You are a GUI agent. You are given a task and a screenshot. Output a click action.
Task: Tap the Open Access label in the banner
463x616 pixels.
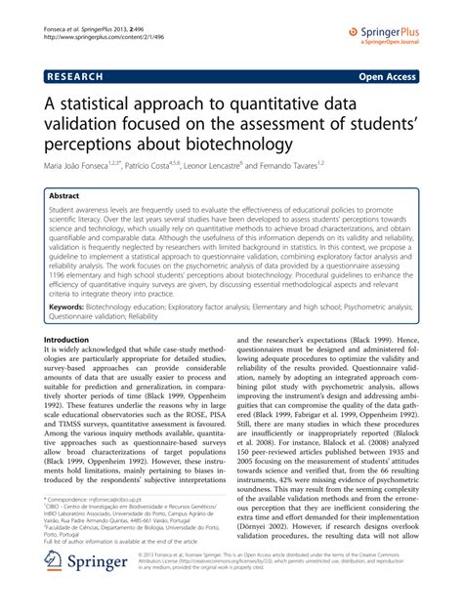[410, 74]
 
